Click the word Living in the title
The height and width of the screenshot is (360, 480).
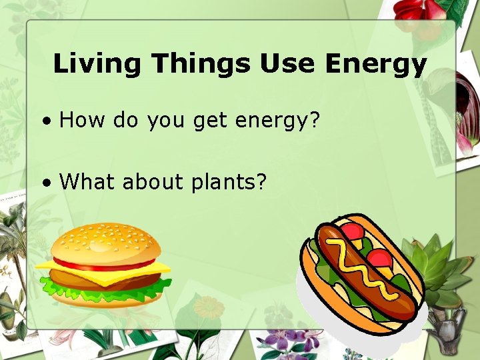[x=97, y=64]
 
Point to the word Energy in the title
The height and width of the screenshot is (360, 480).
[x=375, y=64]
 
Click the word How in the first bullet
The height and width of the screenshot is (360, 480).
[x=82, y=121]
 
